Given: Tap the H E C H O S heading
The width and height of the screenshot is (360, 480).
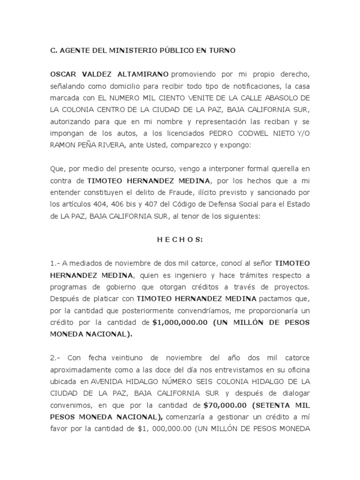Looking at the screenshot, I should point(180,240).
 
